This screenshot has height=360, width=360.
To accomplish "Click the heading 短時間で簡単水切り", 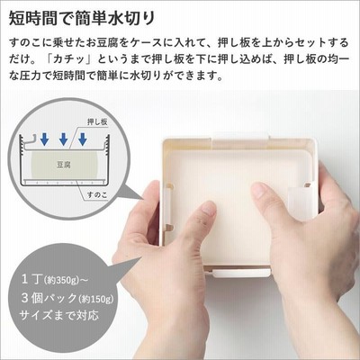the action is click(82, 18).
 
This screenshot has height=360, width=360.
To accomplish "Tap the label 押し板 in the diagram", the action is click(97, 121).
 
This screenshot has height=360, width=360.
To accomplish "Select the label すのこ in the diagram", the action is click(97, 194).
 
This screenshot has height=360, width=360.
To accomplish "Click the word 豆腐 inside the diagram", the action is click(64, 165).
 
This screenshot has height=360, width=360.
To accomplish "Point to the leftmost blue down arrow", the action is click(45, 139).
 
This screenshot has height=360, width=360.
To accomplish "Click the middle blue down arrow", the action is click(64, 139).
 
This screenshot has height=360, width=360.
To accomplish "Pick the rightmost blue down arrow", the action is click(83, 139).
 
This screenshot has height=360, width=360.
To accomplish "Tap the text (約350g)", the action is click(61, 281).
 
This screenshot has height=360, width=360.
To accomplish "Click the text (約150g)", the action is click(96, 299).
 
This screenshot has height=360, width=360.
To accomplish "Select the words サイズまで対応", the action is click(58, 315).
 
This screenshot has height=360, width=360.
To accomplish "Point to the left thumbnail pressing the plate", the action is click(209, 208).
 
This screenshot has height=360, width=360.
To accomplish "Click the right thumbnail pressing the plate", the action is click(259, 191).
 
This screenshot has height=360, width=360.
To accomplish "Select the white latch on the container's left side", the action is click(166, 207).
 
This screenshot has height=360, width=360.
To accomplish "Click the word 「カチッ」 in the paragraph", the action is click(70, 59).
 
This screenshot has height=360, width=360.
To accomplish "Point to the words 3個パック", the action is click(49, 298).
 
